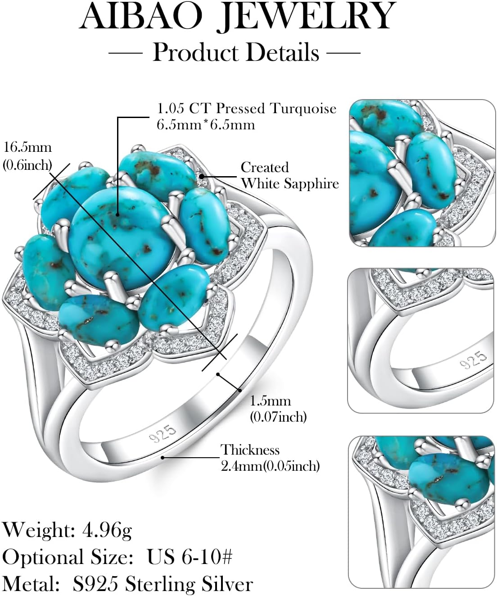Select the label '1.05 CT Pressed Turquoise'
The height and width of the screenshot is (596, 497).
(x=246, y=109)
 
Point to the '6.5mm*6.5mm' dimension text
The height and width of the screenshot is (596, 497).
(x=206, y=124)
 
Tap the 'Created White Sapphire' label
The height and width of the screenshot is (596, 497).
(x=289, y=175)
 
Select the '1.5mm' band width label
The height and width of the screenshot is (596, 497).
(x=270, y=400)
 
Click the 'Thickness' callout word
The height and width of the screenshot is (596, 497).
(x=250, y=450)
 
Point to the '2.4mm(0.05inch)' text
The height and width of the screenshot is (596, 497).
(x=270, y=465)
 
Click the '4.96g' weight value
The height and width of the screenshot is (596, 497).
(x=107, y=530)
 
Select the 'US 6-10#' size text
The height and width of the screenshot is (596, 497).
(x=190, y=557)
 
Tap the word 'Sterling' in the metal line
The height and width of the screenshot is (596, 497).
(x=160, y=584)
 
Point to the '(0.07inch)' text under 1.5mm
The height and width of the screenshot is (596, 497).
(x=278, y=417)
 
